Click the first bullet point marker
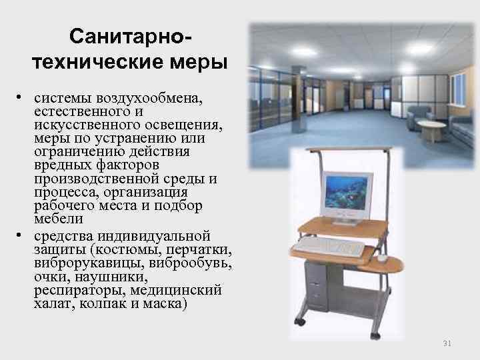(x=22, y=97)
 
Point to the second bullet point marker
(x=22, y=235)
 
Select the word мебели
(x=59, y=218)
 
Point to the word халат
(x=53, y=304)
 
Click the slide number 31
(x=447, y=343)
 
